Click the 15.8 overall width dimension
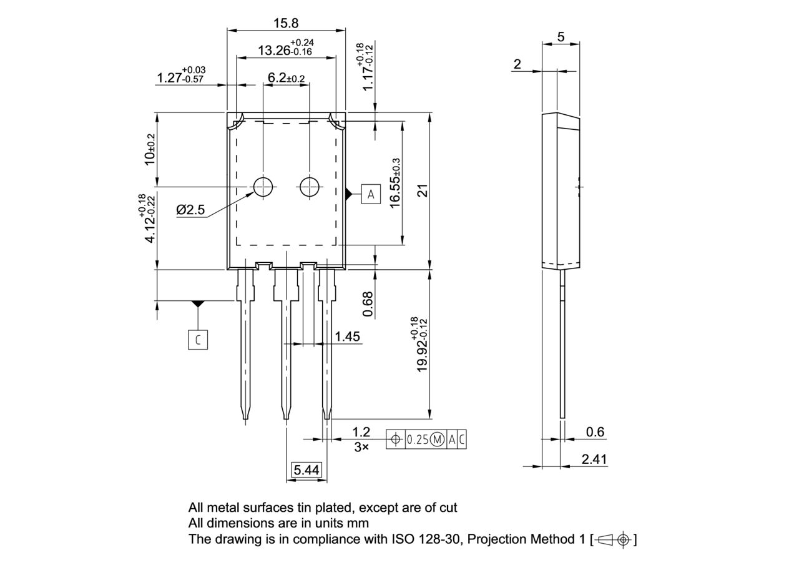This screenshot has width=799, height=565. [x=286, y=23]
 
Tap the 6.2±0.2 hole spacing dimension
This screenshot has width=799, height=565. [x=286, y=78]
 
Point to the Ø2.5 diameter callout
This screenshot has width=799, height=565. [x=190, y=210]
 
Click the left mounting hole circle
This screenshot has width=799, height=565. [x=263, y=186]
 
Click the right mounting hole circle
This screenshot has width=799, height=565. [x=310, y=186]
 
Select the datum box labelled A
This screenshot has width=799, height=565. [x=371, y=194]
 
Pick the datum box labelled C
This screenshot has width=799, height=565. [x=198, y=340]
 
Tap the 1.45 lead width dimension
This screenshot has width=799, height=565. [x=347, y=337]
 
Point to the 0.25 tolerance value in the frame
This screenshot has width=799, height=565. [x=418, y=440]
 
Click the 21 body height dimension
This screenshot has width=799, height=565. [x=424, y=190]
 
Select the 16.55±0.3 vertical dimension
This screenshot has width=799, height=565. [x=395, y=184]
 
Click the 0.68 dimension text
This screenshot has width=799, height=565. [x=368, y=304]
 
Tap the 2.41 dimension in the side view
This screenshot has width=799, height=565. [x=594, y=459]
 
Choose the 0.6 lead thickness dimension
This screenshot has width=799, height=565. [x=596, y=432]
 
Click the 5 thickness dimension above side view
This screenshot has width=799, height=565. [x=561, y=37]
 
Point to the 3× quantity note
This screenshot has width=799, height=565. [x=361, y=447]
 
